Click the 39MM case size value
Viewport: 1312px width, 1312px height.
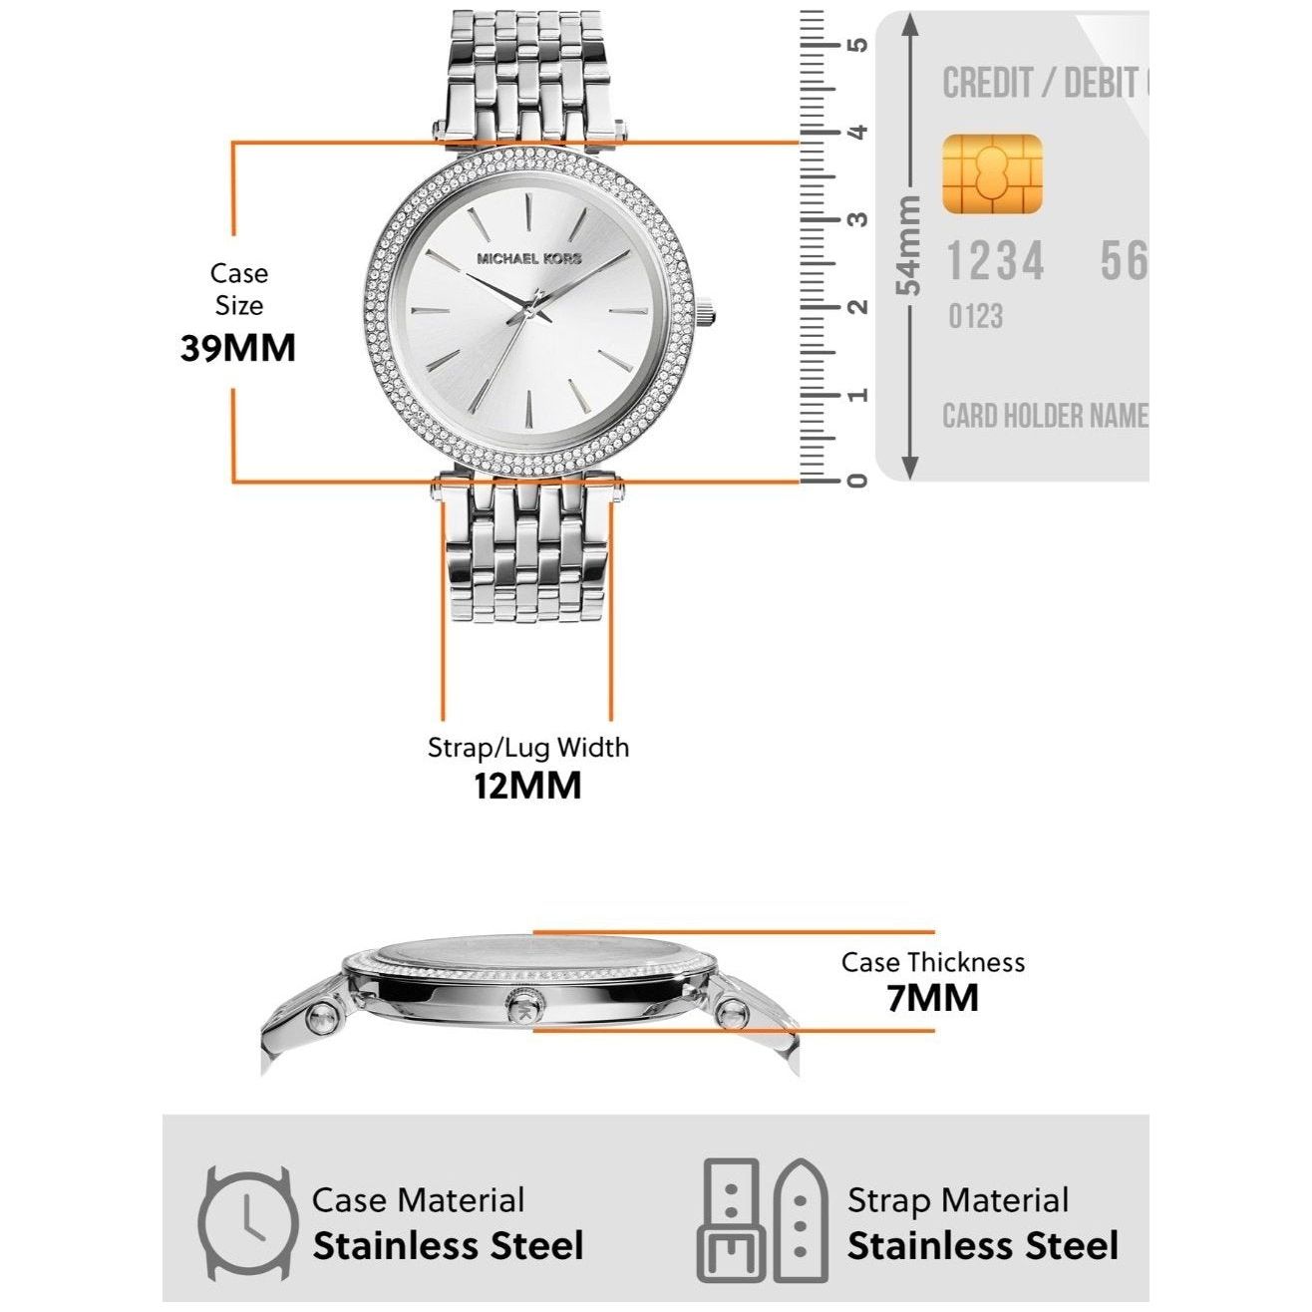click(238, 348)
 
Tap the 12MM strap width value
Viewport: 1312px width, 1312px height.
click(526, 786)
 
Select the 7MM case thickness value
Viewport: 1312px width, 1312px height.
click(932, 997)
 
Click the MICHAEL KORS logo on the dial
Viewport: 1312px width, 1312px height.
click(528, 258)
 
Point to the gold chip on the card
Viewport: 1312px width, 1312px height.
click(992, 174)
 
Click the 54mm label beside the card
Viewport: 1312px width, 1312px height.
click(909, 245)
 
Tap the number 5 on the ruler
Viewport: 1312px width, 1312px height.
click(857, 45)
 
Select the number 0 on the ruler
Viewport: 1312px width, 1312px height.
click(857, 481)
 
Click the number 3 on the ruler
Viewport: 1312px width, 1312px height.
click(857, 219)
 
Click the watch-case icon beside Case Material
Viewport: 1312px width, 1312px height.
click(247, 1224)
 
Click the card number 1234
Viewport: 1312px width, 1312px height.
click(995, 262)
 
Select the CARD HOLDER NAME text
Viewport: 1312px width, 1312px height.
click(1045, 416)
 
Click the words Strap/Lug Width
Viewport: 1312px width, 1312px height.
click(528, 748)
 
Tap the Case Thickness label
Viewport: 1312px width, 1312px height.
click(932, 962)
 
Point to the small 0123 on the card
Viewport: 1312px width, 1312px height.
click(975, 317)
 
